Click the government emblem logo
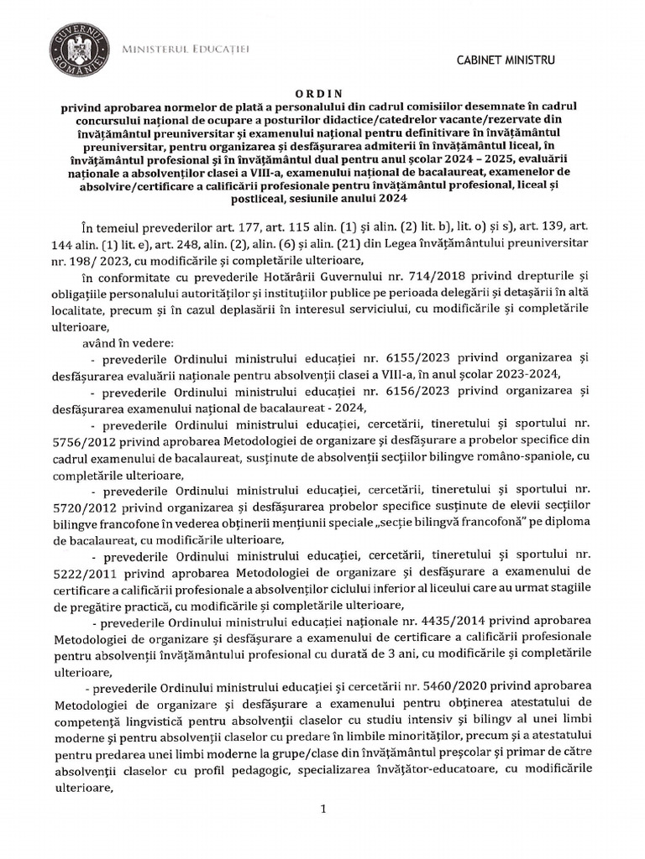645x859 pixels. pyautogui.click(x=78, y=48)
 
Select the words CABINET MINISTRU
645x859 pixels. pyautogui.click(x=505, y=60)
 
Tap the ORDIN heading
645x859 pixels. pyautogui.click(x=322, y=95)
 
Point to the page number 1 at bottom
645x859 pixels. pyautogui.click(x=322, y=809)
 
